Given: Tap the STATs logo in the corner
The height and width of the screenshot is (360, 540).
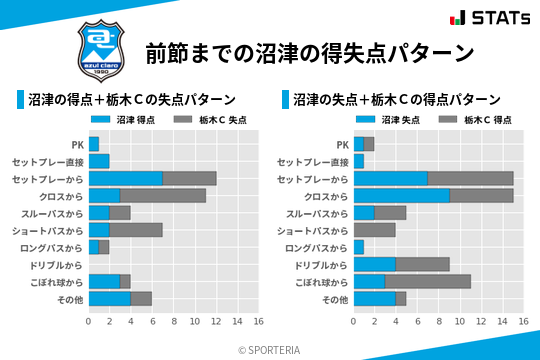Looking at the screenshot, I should pyautogui.click(x=489, y=17).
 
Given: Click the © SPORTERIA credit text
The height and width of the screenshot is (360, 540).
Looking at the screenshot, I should pyautogui.click(x=270, y=349).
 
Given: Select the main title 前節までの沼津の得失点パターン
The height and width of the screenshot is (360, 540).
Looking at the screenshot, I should pyautogui.click(x=308, y=52).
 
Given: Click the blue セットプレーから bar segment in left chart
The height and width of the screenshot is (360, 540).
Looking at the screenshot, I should pyautogui.click(x=125, y=178).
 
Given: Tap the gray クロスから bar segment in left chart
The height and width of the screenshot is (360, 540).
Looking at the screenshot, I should pyautogui.click(x=163, y=195).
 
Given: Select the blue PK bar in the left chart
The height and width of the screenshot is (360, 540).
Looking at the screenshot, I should pyautogui.click(x=94, y=144).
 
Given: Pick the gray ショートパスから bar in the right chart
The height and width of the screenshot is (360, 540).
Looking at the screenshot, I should pyautogui.click(x=375, y=230).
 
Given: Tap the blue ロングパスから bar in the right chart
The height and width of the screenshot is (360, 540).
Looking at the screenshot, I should pyautogui.click(x=359, y=247).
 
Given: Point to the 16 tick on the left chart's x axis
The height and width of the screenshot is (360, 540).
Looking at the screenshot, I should pyautogui.click(x=258, y=321).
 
